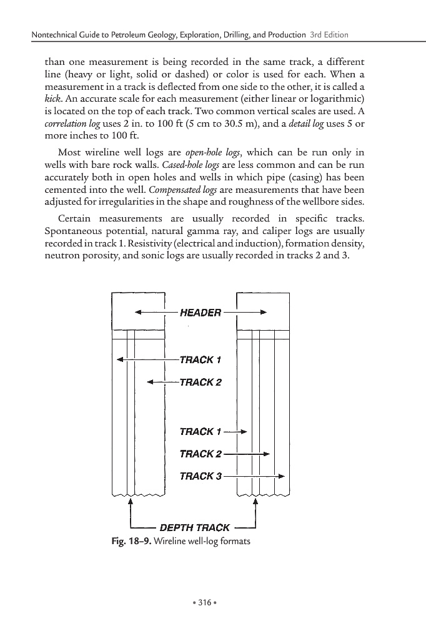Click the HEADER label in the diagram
click(x=200, y=313)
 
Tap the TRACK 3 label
click(x=200, y=476)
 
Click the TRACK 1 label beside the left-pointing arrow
click(x=200, y=359)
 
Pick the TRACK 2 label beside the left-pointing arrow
click(x=200, y=382)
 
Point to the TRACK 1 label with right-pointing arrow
click(x=200, y=431)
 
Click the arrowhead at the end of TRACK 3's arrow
click(x=282, y=476)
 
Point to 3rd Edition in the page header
click(x=329, y=34)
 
